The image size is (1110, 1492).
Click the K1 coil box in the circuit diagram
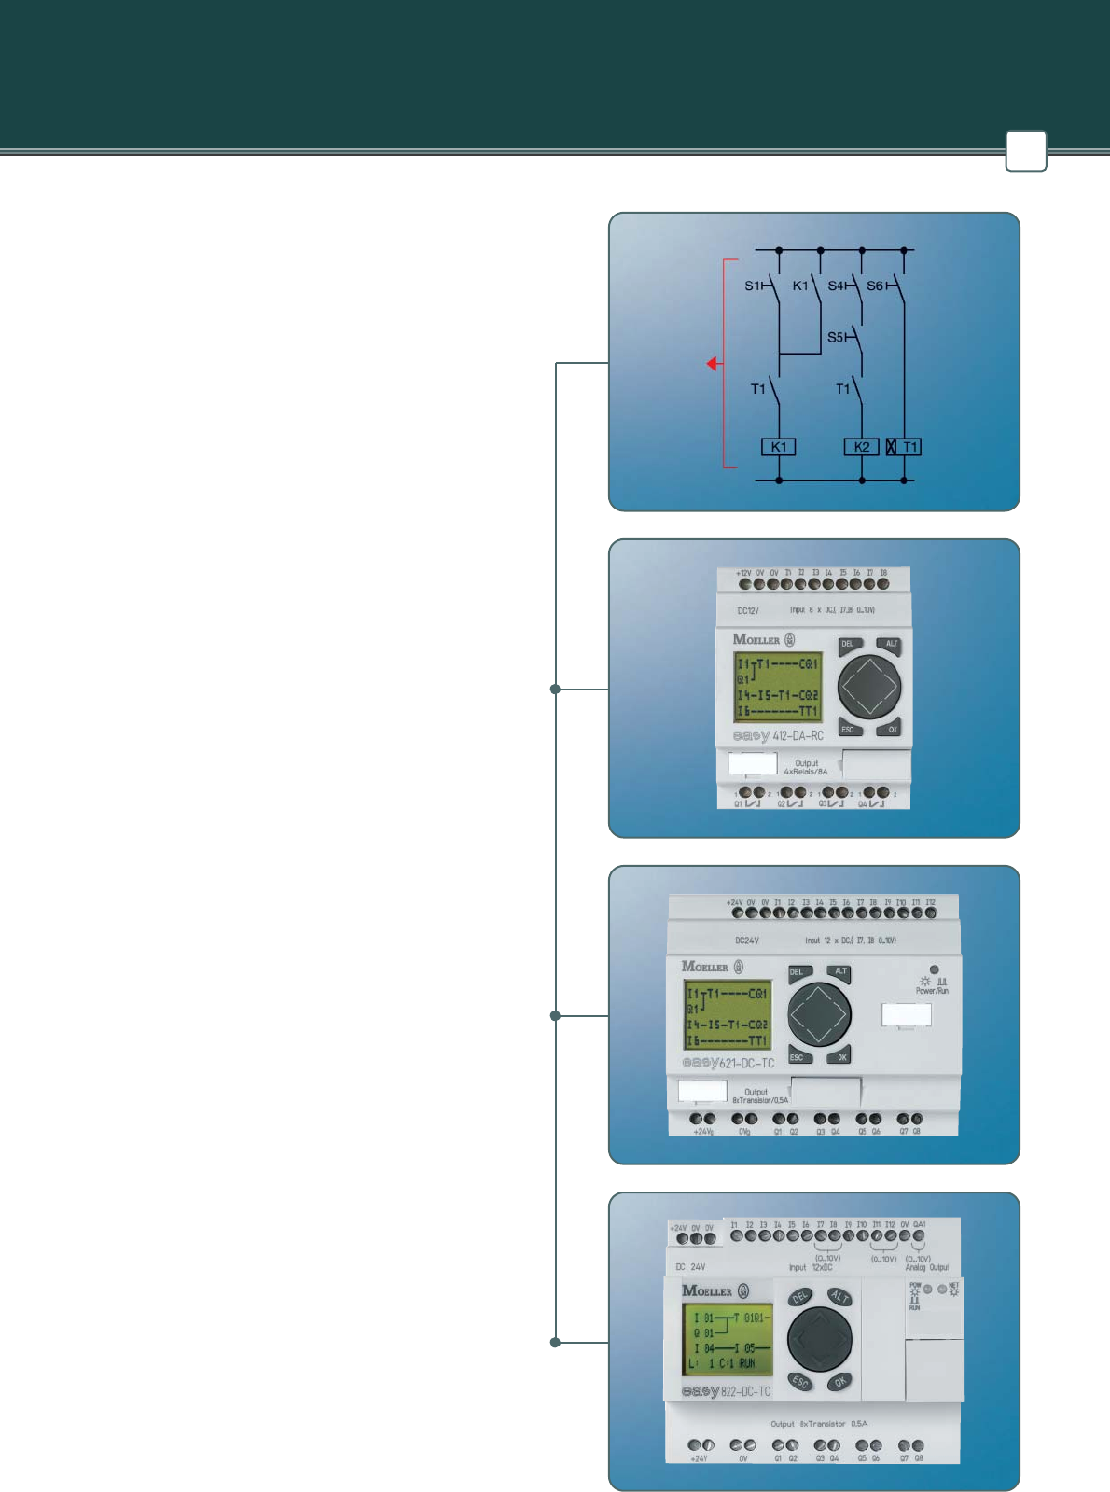coord(778,447)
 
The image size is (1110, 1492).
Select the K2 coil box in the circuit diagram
coord(861,447)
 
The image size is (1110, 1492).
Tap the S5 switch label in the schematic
coord(836,337)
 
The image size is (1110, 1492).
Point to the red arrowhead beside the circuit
coord(712,363)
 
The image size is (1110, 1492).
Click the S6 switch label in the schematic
coord(875,286)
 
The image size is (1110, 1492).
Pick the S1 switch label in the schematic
coord(753,286)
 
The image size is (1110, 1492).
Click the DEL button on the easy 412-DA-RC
coord(848,645)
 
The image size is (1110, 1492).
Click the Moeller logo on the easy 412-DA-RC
coord(756,639)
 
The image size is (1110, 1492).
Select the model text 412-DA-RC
coord(798,735)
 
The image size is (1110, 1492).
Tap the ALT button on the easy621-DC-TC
coord(840,972)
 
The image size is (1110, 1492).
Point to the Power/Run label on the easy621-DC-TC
coord(932,991)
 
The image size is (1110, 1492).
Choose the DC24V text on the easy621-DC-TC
coord(746,941)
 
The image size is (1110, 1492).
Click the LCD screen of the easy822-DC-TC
coord(728,1340)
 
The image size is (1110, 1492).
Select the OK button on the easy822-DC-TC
coord(839,1382)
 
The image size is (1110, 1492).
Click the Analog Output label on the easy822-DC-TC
coord(926,1267)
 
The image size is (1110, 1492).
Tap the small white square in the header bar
coord(1025,150)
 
